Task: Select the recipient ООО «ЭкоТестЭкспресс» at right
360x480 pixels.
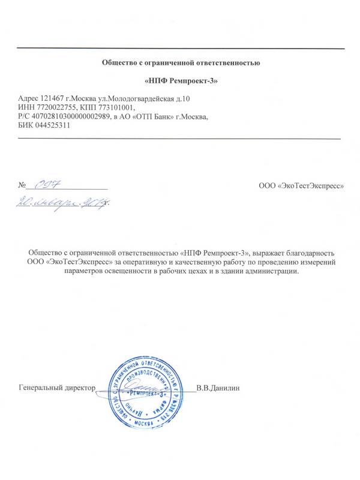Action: click(301, 185)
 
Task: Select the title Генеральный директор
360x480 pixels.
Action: click(58, 388)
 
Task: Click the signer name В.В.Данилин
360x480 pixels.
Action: click(218, 388)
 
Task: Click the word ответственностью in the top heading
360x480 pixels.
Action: click(229, 62)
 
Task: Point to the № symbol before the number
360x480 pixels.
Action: click(23, 185)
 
